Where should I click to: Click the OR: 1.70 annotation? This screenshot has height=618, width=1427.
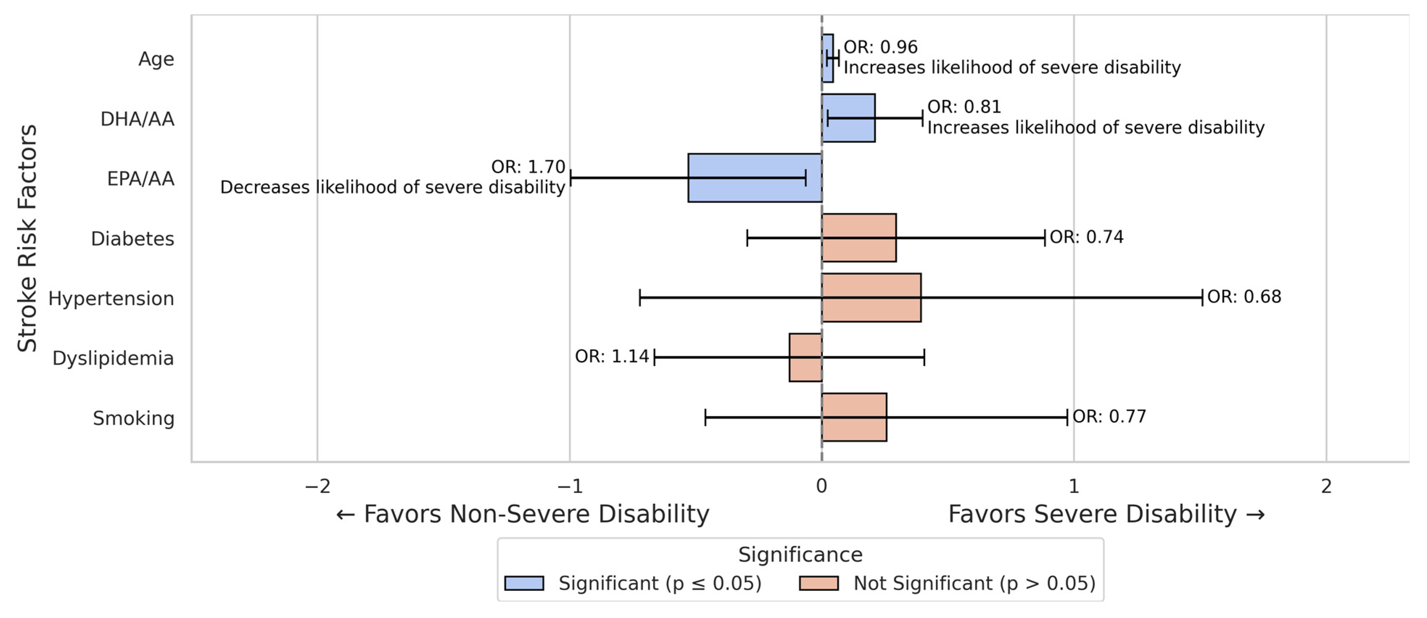click(528, 167)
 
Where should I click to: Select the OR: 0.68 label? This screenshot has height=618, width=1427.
click(1244, 297)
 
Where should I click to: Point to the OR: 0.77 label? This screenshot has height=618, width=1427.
click(1109, 416)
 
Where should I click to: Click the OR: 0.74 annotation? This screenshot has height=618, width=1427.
click(1086, 237)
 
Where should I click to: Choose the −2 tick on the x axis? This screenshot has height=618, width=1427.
click(318, 486)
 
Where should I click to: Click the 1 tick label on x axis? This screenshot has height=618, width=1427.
click(1074, 486)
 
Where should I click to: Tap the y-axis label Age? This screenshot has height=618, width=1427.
click(156, 59)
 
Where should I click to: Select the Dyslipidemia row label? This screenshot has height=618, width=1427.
click(113, 358)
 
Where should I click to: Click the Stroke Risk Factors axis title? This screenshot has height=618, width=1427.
click(26, 238)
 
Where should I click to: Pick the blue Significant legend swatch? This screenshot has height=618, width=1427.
click(524, 583)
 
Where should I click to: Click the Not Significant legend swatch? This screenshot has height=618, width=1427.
click(819, 583)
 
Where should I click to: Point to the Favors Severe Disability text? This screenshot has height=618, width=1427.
click(1106, 514)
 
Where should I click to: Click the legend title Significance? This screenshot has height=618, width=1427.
click(800, 554)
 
